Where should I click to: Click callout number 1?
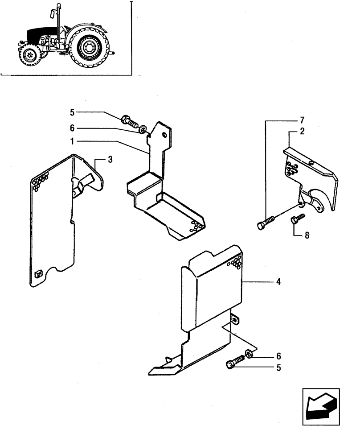click(71, 141)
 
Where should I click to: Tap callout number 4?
click(278, 282)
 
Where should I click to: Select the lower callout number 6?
click(278, 356)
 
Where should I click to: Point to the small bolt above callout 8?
click(297, 218)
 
